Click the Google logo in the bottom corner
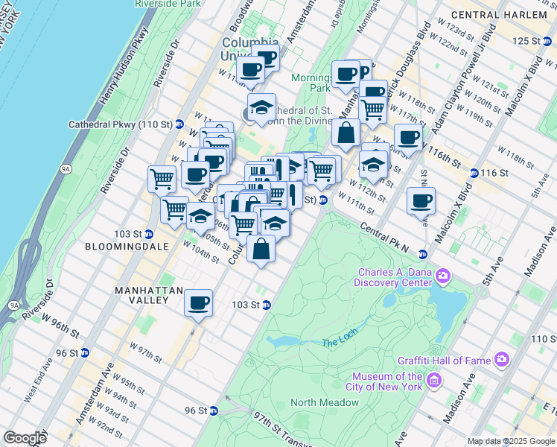pos(24,438)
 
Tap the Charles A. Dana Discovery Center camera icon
pos(443,276)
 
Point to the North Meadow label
pos(324,402)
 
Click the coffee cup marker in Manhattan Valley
pos(198,302)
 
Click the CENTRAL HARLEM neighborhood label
pos(509,15)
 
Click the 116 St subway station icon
pos(474,173)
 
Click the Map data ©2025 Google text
pos(512,441)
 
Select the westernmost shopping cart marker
pos(161,179)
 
